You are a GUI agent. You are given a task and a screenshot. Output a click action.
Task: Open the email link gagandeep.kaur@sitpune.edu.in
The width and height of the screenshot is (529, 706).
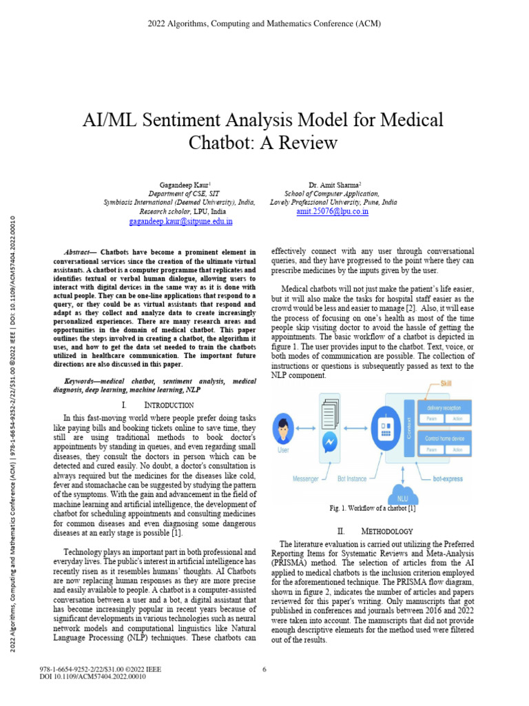[181, 222]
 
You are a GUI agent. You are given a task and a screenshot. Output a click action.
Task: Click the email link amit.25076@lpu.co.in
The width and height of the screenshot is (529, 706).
[332, 212]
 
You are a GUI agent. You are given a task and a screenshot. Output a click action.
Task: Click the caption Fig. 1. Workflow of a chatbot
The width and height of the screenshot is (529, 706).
[372, 509]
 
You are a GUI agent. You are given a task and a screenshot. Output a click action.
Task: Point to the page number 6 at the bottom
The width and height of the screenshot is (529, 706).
[264, 669]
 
